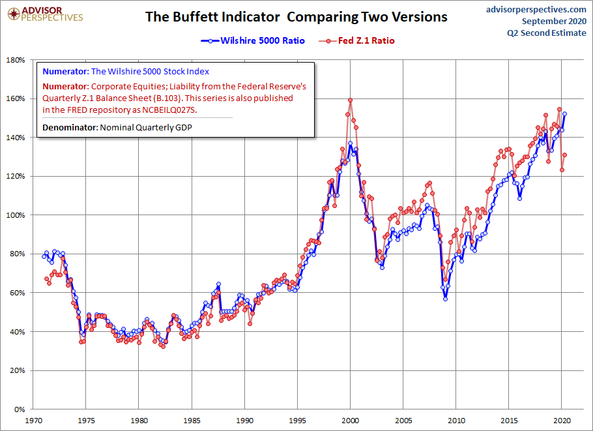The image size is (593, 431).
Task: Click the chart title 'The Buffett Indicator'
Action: tap(212, 17)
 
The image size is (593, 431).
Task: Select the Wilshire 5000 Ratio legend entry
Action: tap(253, 40)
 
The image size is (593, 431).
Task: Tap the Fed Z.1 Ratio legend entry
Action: tap(356, 40)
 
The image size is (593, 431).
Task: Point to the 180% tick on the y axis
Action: tap(16, 60)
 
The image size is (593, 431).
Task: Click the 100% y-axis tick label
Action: tap(16, 215)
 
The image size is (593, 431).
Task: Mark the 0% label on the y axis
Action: tap(19, 409)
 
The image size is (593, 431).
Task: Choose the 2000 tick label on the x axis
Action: tap(350, 421)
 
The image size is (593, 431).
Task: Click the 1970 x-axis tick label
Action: tap(33, 421)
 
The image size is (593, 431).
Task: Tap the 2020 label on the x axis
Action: tap(562, 421)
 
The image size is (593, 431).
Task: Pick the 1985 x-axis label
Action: tap(192, 421)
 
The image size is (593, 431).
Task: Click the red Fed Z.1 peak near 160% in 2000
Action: tap(350, 100)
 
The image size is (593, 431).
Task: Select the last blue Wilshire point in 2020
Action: tap(564, 113)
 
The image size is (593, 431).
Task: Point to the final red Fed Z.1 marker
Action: tap(564, 155)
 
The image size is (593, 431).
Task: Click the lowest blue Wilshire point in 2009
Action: tap(446, 299)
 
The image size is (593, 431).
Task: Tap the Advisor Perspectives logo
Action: tap(45, 14)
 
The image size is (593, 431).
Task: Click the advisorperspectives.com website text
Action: tap(536, 10)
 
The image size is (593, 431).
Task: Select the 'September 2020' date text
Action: tap(554, 21)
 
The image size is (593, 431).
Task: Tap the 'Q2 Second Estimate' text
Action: tap(547, 33)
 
